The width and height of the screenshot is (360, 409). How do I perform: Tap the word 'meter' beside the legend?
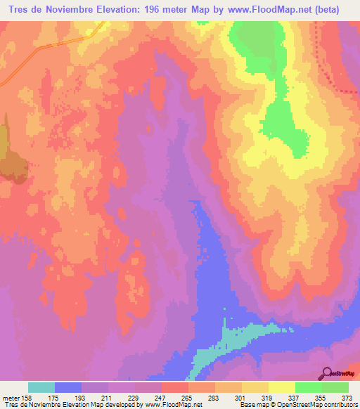12,398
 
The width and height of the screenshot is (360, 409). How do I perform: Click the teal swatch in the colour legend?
41,387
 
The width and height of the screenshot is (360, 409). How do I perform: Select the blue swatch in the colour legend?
68,387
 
